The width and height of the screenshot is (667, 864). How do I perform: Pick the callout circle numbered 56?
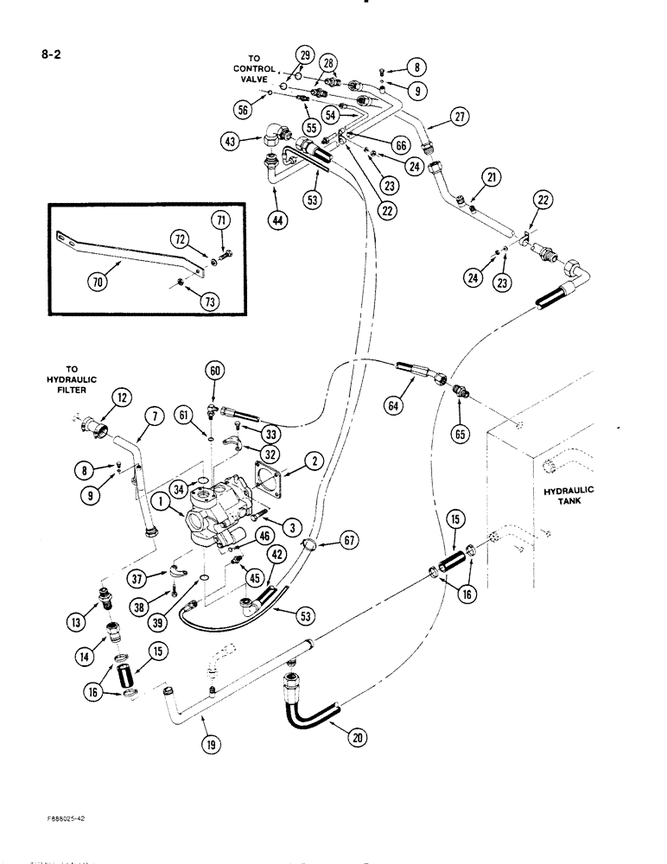[245, 109]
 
